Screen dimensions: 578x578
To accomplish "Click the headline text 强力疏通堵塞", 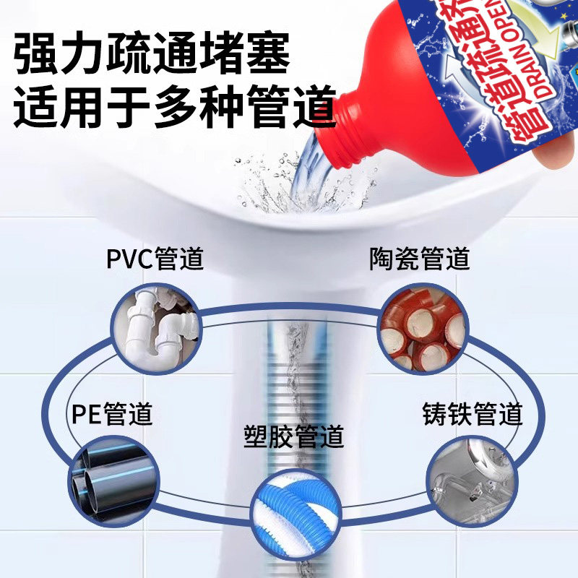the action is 152,53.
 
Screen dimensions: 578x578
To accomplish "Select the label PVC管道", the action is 155,259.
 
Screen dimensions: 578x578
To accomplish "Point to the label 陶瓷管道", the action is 420,259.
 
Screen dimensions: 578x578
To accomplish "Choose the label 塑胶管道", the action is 293,437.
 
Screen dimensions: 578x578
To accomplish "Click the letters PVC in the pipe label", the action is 130,259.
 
